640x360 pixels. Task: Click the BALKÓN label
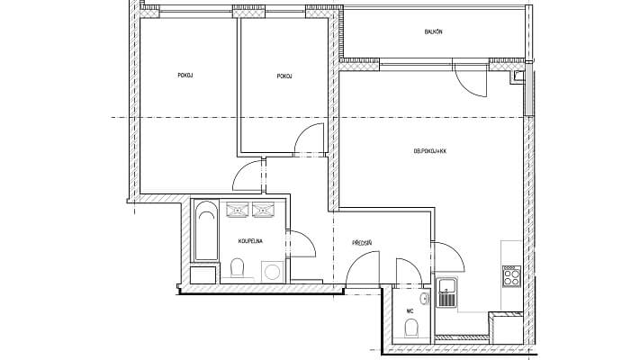point(433,32)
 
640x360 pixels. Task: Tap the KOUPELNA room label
point(250,242)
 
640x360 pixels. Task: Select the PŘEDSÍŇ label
point(363,242)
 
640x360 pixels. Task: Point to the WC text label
point(410,310)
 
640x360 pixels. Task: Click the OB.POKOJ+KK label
point(429,151)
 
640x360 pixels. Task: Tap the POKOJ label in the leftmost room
point(185,76)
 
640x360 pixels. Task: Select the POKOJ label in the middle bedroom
point(284,76)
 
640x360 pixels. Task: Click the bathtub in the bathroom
point(205,232)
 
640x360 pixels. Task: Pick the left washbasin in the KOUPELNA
point(239,211)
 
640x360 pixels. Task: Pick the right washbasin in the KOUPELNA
point(265,211)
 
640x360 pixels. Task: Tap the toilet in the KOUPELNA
point(239,268)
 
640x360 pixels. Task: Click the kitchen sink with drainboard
point(446,292)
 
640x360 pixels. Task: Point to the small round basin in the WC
point(424,298)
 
